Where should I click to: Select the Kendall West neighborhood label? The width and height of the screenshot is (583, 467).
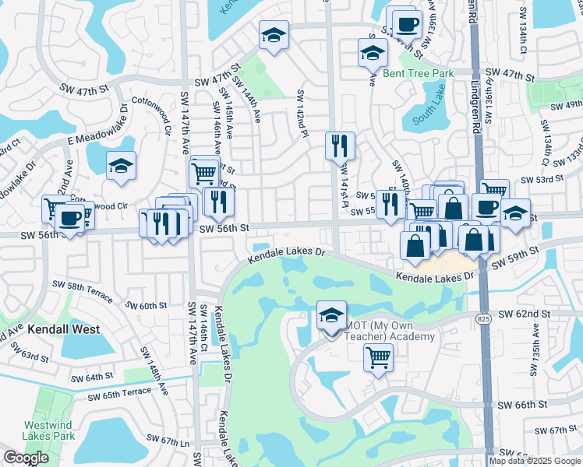coord(63,329)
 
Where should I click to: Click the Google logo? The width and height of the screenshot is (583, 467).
coord(26,458)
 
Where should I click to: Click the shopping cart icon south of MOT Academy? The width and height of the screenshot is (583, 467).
coord(378,358)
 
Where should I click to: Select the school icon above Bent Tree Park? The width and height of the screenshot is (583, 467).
coord(373,53)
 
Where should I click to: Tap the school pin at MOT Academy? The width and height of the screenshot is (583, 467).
coord(331,315)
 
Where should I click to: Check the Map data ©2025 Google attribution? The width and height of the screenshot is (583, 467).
coord(533,460)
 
